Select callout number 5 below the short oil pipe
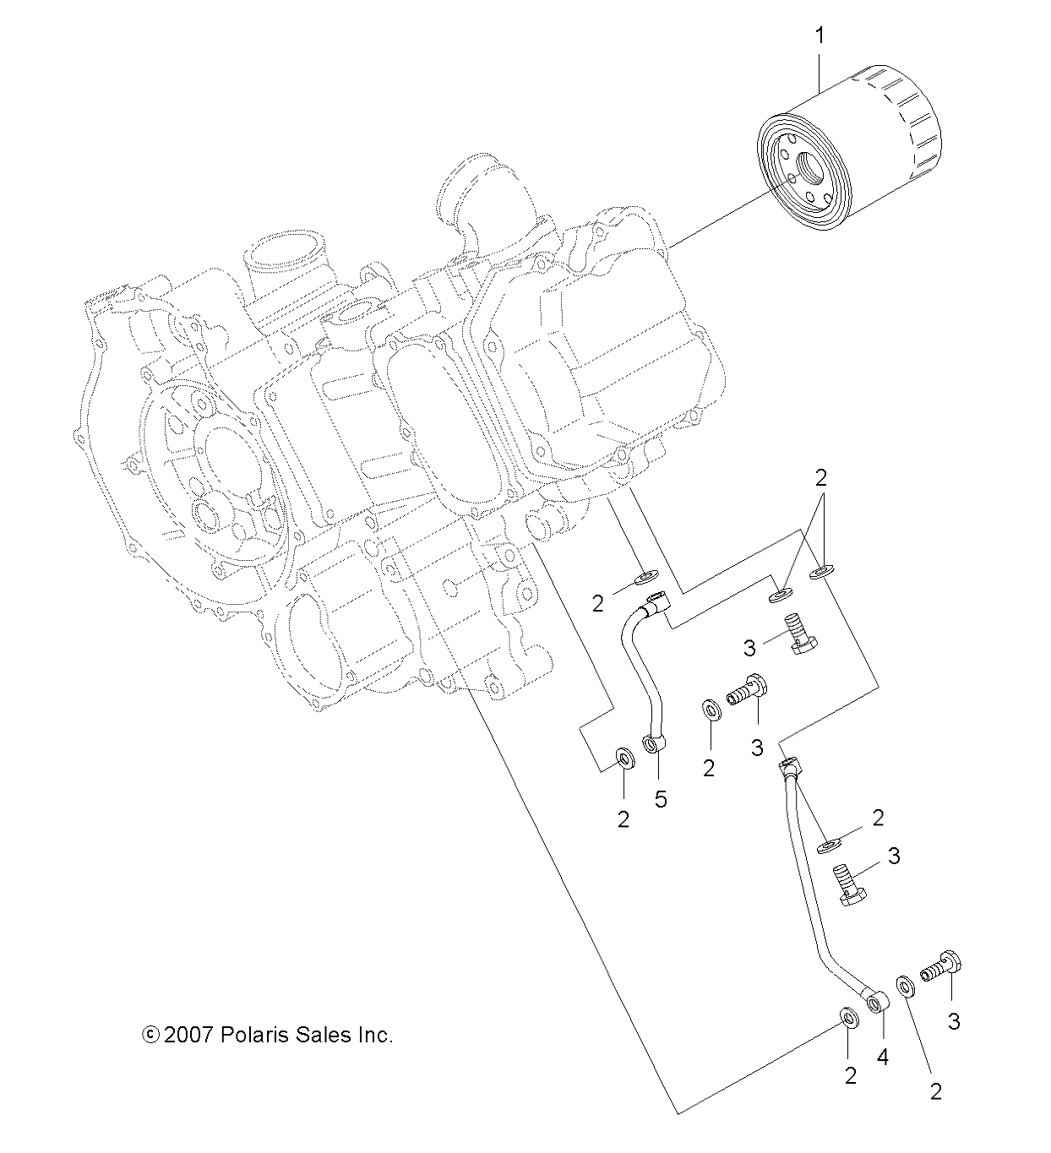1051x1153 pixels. (660, 798)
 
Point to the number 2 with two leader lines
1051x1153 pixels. (820, 477)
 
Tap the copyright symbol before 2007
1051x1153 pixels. (151, 1035)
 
